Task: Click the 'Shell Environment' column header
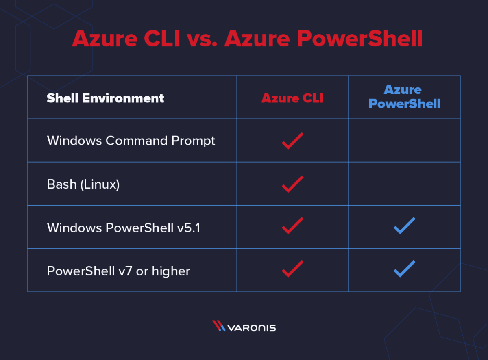[x=105, y=98]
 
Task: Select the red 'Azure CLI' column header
[x=292, y=98]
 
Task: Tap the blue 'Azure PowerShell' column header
[x=404, y=97]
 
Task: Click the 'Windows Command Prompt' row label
[x=131, y=141]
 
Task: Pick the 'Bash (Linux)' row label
[x=83, y=184]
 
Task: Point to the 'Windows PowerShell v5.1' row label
[x=124, y=228]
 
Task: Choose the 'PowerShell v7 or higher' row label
[x=118, y=271]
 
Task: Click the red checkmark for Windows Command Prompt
[x=292, y=141]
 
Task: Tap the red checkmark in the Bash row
[x=292, y=184]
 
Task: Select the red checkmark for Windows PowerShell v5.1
[x=292, y=226]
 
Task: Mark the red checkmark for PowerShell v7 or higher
[x=292, y=269]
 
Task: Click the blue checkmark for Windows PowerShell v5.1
[x=404, y=226]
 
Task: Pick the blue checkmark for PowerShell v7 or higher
[x=404, y=269]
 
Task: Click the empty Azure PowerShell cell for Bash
[x=404, y=184]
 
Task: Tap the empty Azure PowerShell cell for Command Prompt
[x=404, y=141]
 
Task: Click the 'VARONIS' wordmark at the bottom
[x=251, y=327]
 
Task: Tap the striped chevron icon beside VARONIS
[x=219, y=326]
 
